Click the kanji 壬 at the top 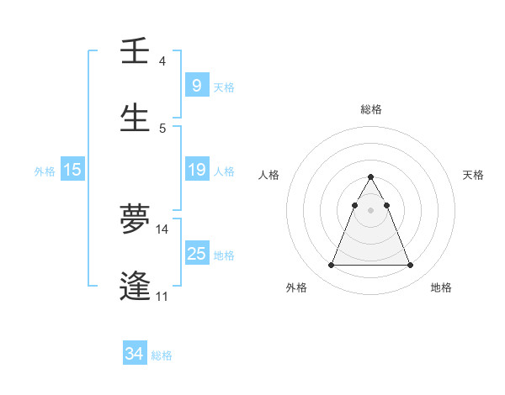point(135,52)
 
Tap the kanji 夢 point(135,219)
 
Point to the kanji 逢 point(135,286)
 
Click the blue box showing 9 point(196,85)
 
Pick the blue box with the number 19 point(196,170)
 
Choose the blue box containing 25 point(196,253)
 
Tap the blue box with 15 point(72,170)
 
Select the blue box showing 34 point(134,354)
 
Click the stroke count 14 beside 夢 point(162,229)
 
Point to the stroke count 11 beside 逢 point(162,296)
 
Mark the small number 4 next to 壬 point(162,61)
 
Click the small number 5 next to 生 point(162,129)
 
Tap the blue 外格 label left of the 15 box point(45,171)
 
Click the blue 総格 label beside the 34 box point(162,355)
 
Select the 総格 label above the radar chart point(370,109)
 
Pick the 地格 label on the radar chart point(441,287)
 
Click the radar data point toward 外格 point(331,266)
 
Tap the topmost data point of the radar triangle point(370,176)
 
